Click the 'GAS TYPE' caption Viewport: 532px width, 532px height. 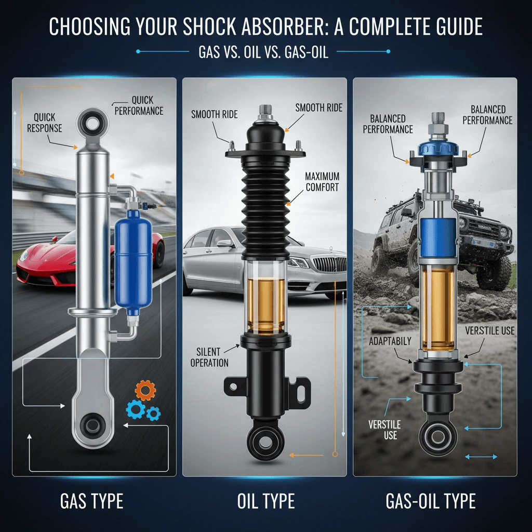point(91,501)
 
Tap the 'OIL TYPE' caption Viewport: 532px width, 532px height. point(265,501)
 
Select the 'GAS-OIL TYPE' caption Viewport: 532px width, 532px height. point(431,501)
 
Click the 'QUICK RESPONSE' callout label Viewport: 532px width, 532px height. point(45,123)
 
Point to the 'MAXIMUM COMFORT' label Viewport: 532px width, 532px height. point(322,182)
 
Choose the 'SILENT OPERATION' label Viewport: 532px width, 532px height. point(209,357)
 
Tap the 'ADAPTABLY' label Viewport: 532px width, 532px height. point(390,341)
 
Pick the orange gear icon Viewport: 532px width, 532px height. point(145,391)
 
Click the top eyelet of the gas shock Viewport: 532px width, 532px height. point(92,124)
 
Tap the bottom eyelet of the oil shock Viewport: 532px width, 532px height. point(265,442)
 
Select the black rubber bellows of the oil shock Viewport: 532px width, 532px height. point(265,208)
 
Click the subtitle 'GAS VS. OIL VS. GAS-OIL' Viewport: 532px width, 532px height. point(263,52)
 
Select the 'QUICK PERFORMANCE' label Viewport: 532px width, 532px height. point(139,105)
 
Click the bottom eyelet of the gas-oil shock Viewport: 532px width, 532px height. point(438,437)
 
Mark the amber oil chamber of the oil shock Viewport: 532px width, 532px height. point(265,304)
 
